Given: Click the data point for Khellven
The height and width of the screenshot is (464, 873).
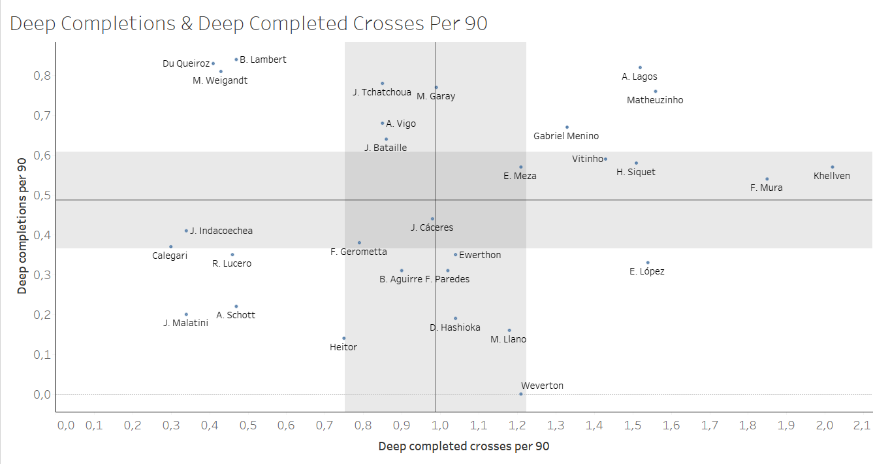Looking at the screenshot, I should pyautogui.click(x=833, y=167).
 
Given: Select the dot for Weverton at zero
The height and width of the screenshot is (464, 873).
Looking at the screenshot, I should pyautogui.click(x=521, y=394).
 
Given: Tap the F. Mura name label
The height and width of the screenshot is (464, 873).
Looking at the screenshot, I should pyautogui.click(x=767, y=188).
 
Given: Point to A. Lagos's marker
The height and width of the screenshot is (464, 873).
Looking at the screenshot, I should pyautogui.click(x=640, y=67).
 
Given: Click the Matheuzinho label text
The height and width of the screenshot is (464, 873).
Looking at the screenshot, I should pyautogui.click(x=655, y=101).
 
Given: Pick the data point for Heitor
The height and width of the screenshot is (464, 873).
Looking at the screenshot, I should pyautogui.click(x=344, y=339).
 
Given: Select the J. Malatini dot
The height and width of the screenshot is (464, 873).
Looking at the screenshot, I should pyautogui.click(x=186, y=314).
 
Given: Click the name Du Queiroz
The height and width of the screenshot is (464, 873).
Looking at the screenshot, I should pyautogui.click(x=186, y=64).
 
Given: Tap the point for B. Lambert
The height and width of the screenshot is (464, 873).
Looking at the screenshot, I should pyautogui.click(x=236, y=59).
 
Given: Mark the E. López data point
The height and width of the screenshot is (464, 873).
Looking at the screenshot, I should pyautogui.click(x=648, y=263).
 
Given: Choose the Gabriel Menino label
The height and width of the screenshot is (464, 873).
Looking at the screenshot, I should pyautogui.click(x=566, y=137).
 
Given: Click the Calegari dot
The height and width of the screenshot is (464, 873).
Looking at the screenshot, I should pyautogui.click(x=171, y=247).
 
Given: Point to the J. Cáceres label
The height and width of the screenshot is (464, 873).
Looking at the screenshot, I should pyautogui.click(x=432, y=228).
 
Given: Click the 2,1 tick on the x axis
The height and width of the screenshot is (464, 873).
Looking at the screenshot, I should pyautogui.click(x=863, y=425).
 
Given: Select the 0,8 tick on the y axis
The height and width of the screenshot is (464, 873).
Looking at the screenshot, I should pyautogui.click(x=42, y=75).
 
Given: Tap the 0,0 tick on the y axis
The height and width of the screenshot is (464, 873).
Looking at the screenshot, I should pyautogui.click(x=42, y=395).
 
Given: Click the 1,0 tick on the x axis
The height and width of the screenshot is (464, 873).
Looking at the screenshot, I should pyautogui.click(x=440, y=425).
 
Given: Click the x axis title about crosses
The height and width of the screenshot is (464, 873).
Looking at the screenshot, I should pyautogui.click(x=464, y=447).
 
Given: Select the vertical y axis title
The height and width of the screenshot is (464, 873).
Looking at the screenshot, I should pyautogui.click(x=22, y=227).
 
